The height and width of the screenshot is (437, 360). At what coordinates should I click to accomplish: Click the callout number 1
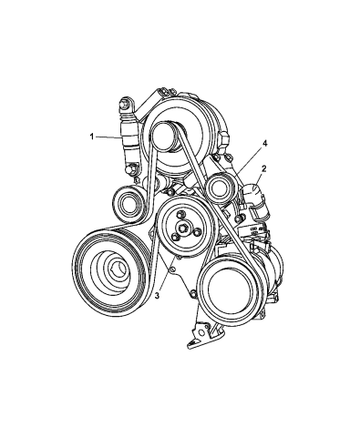pos(92,137)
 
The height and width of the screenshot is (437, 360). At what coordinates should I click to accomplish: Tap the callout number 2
pos(263,169)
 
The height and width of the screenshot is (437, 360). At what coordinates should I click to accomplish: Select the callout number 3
pos(157,295)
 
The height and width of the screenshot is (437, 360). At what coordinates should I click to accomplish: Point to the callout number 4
pos(265,144)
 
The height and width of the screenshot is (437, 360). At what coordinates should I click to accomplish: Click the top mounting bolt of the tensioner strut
pos(125,104)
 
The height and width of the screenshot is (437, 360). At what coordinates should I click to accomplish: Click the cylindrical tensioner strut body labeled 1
pos(129,136)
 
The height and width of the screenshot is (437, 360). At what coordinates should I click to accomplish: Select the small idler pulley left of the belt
pos(129,202)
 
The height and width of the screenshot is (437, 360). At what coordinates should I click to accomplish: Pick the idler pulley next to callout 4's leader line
pos(221,188)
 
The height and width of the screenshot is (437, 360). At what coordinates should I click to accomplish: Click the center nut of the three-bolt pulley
pos(183,228)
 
